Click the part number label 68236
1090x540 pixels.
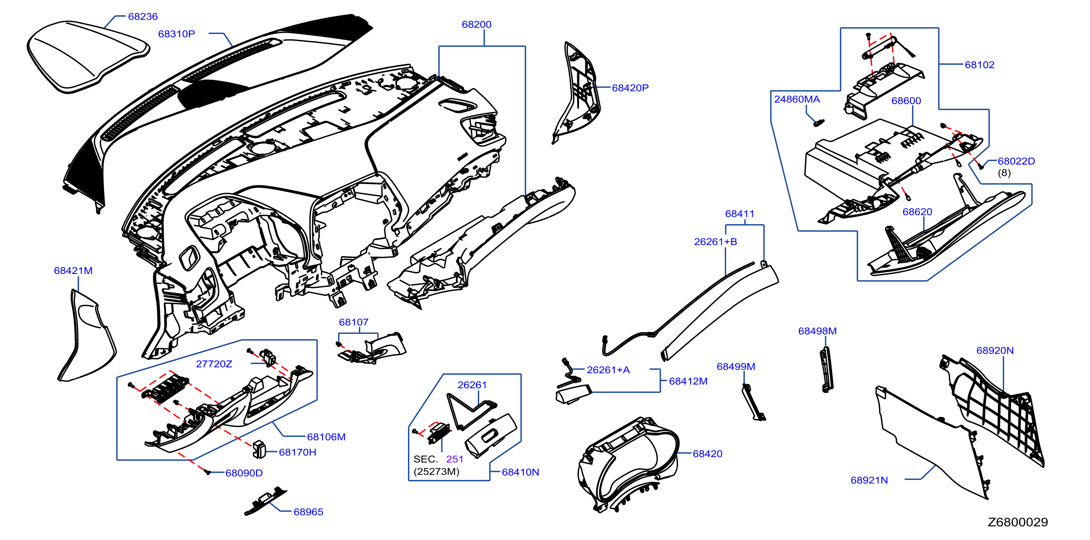[143, 16]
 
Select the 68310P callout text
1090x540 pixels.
[177, 34]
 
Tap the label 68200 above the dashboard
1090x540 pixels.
[476, 24]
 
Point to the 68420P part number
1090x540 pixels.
[630, 88]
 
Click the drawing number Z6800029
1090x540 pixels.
[1018, 522]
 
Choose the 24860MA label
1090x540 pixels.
[797, 99]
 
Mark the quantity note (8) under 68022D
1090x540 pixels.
[1004, 173]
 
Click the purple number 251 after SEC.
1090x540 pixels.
[455, 459]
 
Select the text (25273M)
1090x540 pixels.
[436, 472]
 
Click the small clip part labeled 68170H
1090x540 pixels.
[259, 449]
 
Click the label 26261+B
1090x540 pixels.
[716, 242]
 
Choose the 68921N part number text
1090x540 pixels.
[869, 480]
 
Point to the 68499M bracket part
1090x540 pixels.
[753, 402]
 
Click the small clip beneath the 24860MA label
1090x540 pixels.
[819, 123]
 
